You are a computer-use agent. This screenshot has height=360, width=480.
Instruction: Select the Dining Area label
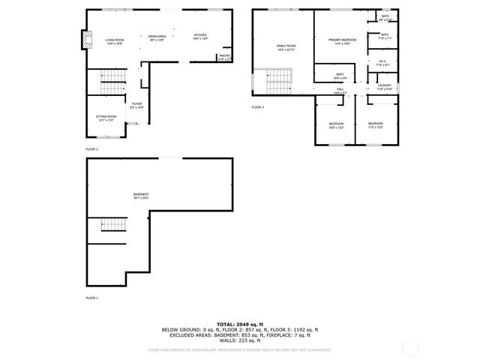pos(157,37)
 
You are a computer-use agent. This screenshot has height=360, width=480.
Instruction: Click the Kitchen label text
pos(200,36)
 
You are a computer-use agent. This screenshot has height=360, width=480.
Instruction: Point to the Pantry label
pos(224,56)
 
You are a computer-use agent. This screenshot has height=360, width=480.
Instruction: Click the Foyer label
pos(136,106)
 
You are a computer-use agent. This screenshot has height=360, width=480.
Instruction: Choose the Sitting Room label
pos(106,118)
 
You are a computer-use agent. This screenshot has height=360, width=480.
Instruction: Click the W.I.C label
pos(382,63)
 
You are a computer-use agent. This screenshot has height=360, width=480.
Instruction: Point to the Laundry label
pos(384,86)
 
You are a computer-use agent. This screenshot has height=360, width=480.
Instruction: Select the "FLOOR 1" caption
pos(91,298)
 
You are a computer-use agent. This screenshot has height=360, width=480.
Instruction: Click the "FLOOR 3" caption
pos(257,107)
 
